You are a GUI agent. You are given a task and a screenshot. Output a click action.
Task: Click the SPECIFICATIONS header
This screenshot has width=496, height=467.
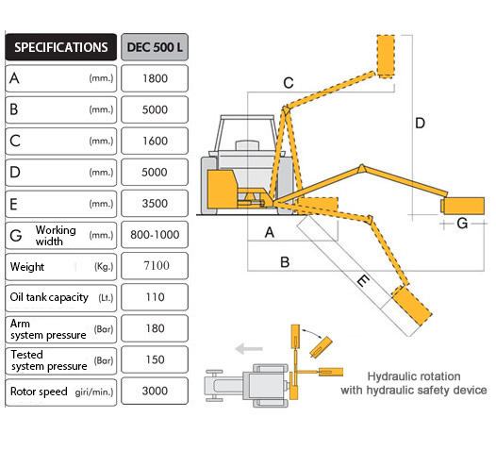pyautogui.click(x=60, y=47)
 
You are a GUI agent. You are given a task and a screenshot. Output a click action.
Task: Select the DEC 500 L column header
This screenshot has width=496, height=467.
pyautogui.click(x=155, y=47)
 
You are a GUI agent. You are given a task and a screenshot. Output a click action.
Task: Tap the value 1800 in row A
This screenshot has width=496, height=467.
pyautogui.click(x=155, y=78)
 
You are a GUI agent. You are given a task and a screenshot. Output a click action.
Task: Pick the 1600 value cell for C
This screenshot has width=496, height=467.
pyautogui.click(x=155, y=141)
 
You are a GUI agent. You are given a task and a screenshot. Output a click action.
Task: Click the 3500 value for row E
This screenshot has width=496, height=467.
pyautogui.click(x=155, y=204)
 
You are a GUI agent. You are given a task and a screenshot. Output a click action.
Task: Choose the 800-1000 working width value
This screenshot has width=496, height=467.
pyautogui.click(x=155, y=235)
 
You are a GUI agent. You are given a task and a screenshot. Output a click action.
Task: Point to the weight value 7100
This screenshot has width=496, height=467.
pyautogui.click(x=157, y=265)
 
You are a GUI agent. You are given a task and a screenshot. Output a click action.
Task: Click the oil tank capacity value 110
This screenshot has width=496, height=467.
pyautogui.click(x=155, y=297)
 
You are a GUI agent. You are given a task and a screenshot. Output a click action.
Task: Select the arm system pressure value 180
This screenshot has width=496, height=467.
pyautogui.click(x=155, y=328)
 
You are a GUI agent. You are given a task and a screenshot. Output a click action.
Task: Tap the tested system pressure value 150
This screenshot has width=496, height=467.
pyautogui.click(x=155, y=359)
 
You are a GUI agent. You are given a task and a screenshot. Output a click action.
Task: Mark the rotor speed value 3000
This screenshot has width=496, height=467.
pyautogui.click(x=155, y=392)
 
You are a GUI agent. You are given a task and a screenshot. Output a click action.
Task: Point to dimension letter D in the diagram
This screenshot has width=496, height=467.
pyautogui.click(x=420, y=123)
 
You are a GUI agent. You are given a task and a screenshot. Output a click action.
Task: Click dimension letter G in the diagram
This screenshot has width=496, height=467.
pyautogui.click(x=462, y=224)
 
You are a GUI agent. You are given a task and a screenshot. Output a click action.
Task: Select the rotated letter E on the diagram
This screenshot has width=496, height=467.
pyautogui.click(x=363, y=280)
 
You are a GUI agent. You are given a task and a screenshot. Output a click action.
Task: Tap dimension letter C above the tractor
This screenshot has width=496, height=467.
pyautogui.click(x=289, y=83)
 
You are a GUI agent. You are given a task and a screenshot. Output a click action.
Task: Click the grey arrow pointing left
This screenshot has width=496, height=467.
pyautogui.click(x=249, y=349)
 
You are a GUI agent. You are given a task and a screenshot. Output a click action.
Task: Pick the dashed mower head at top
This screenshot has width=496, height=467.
pyautogui.click(x=386, y=57)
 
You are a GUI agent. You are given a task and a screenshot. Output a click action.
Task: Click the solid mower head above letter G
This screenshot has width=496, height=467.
pyautogui.click(x=463, y=206)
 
